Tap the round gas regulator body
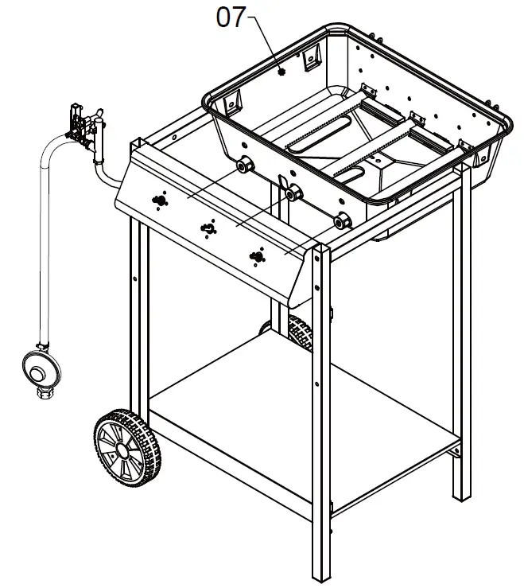[x=39, y=367]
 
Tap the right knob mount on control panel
[x=256, y=255]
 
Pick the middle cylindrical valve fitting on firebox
[x=293, y=192]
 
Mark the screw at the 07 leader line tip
[x=282, y=71]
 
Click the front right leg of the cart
[x=322, y=414]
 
